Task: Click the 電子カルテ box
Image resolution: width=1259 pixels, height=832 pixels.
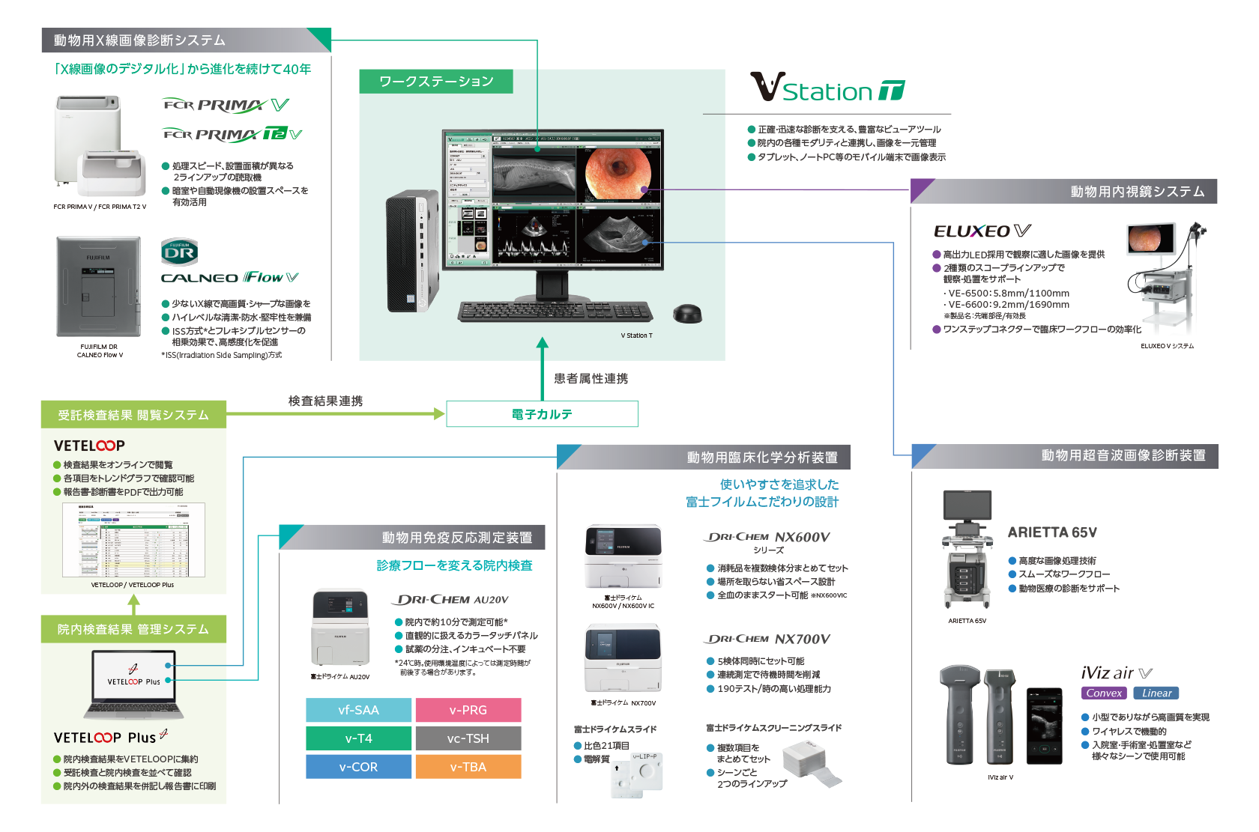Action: click(x=542, y=414)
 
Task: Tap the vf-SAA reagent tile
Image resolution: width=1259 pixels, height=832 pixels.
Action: click(x=358, y=710)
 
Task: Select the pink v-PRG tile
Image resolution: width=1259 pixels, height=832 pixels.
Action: click(x=468, y=710)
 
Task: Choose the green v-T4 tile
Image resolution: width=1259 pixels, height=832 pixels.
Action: click(x=358, y=738)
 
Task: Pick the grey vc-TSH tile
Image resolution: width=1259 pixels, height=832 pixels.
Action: click(x=468, y=738)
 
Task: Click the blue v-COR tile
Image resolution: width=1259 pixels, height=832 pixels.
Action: click(x=358, y=767)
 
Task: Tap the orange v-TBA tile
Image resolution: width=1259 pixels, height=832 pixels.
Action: click(x=468, y=767)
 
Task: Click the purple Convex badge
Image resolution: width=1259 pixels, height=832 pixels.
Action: click(x=1104, y=693)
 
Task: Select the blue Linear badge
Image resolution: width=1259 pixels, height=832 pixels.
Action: click(x=1156, y=693)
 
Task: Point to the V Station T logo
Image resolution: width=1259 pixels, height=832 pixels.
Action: click(x=827, y=88)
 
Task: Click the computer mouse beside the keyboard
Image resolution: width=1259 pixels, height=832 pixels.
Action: click(x=687, y=313)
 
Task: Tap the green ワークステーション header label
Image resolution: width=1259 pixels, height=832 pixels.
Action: click(x=436, y=82)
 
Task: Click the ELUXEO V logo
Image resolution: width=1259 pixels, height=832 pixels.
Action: click(x=982, y=231)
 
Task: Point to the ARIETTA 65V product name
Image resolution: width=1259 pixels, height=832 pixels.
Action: click(x=1052, y=532)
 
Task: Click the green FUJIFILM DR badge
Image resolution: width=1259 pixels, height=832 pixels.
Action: click(x=179, y=252)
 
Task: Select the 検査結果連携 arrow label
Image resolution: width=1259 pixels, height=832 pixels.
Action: click(x=325, y=401)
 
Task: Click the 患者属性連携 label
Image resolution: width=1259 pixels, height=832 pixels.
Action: click(x=591, y=379)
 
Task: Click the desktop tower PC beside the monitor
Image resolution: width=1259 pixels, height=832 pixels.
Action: click(x=411, y=251)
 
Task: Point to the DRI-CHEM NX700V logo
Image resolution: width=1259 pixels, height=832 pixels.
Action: click(x=767, y=639)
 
